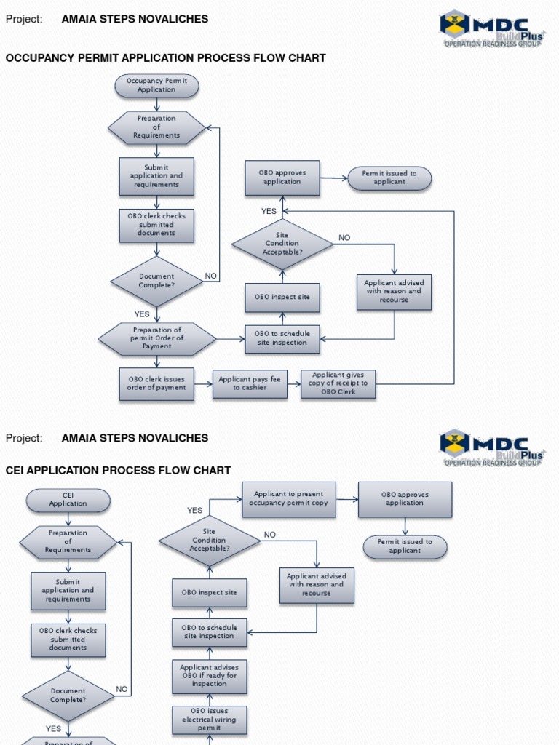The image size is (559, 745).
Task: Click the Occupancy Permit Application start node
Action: point(156,86)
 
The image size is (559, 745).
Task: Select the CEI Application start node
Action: point(68,500)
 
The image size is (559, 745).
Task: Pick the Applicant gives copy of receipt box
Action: point(338,383)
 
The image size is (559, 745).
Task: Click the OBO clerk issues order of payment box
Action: point(156,383)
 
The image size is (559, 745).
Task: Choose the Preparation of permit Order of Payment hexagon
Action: point(157,338)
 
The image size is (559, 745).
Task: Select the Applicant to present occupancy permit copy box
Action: point(289,499)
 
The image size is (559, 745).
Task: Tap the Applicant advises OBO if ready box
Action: point(210,676)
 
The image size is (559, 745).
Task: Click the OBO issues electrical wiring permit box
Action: point(210,719)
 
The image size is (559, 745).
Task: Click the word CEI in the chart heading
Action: point(16,471)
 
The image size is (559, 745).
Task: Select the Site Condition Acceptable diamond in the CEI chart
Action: point(210,541)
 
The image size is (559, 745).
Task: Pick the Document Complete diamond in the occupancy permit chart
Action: point(156,281)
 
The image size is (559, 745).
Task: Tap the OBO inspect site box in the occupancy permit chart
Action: point(282,298)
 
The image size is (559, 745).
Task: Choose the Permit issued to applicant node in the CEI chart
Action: point(405,546)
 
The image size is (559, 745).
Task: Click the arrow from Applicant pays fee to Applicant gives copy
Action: point(294,383)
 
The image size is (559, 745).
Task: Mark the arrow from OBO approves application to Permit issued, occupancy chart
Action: point(333,178)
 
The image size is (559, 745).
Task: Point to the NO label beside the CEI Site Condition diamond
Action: point(270,535)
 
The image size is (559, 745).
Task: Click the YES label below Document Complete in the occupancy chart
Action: point(142,314)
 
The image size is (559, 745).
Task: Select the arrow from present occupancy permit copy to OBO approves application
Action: point(347,499)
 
